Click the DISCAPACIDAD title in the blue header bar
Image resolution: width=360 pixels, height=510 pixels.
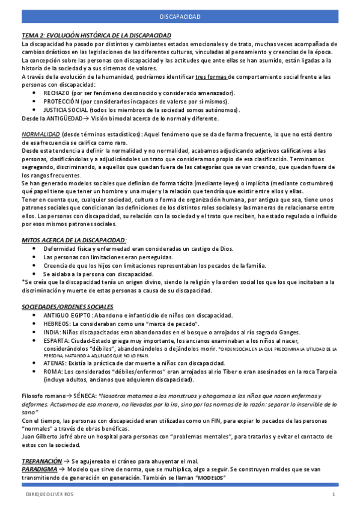[180, 17]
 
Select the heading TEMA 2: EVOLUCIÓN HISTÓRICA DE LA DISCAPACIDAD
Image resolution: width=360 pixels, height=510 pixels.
[96, 36]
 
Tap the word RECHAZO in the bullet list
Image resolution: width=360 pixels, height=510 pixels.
[56, 93]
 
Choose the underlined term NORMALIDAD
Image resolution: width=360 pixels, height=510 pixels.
[40, 134]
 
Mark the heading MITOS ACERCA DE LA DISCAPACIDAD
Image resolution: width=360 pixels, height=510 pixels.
[73, 240]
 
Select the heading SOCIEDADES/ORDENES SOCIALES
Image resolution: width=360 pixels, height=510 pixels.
[67, 306]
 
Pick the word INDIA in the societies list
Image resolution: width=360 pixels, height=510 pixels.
[52, 332]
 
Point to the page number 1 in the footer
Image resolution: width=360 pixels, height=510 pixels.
[334, 494]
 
